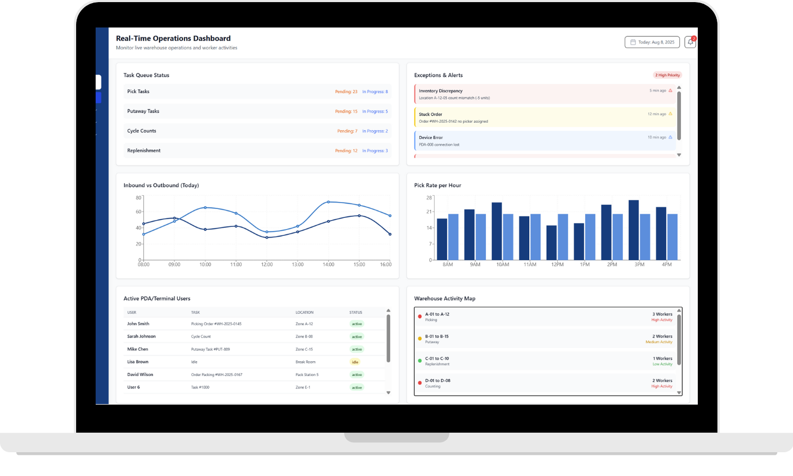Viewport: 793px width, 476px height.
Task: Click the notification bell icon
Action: click(x=690, y=42)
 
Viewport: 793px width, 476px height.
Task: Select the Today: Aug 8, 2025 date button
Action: click(x=652, y=42)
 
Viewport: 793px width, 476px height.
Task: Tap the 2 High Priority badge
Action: click(x=667, y=75)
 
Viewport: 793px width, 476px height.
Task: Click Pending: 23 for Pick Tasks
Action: click(x=346, y=92)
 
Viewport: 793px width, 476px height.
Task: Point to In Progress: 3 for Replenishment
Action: click(x=375, y=151)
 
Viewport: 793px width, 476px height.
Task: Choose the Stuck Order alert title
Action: click(x=430, y=114)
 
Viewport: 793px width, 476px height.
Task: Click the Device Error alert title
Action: click(x=431, y=138)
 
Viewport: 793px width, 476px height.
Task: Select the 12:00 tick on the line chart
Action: click(x=267, y=264)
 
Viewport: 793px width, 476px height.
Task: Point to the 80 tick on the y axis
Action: click(x=139, y=198)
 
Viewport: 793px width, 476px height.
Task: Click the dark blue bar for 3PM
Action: click(x=633, y=230)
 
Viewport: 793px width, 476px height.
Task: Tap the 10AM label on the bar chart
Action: click(x=503, y=264)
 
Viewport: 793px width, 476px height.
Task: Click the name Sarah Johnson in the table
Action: click(x=141, y=336)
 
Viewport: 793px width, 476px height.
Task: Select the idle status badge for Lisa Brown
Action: click(x=355, y=362)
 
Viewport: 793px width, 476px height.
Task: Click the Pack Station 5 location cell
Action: click(x=307, y=375)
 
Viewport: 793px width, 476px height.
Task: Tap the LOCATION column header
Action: click(x=305, y=313)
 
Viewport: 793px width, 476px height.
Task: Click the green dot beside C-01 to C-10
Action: click(x=420, y=361)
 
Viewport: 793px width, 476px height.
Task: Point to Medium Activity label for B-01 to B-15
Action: click(x=659, y=342)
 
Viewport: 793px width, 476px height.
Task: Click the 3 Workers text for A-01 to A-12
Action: click(x=662, y=314)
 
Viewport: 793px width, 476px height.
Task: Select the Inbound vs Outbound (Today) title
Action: click(x=161, y=186)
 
